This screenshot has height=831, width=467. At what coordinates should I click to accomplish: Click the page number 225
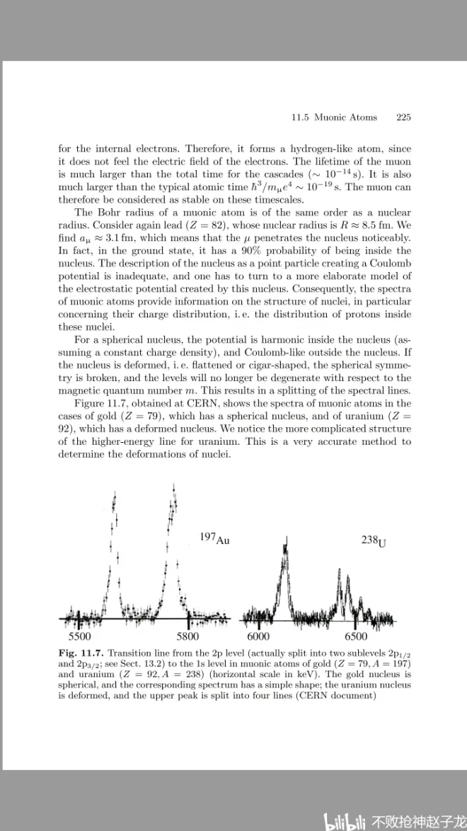(403, 118)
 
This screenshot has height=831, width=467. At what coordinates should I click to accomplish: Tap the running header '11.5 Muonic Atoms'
(335, 118)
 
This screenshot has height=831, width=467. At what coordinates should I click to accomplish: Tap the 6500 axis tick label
(355, 636)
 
